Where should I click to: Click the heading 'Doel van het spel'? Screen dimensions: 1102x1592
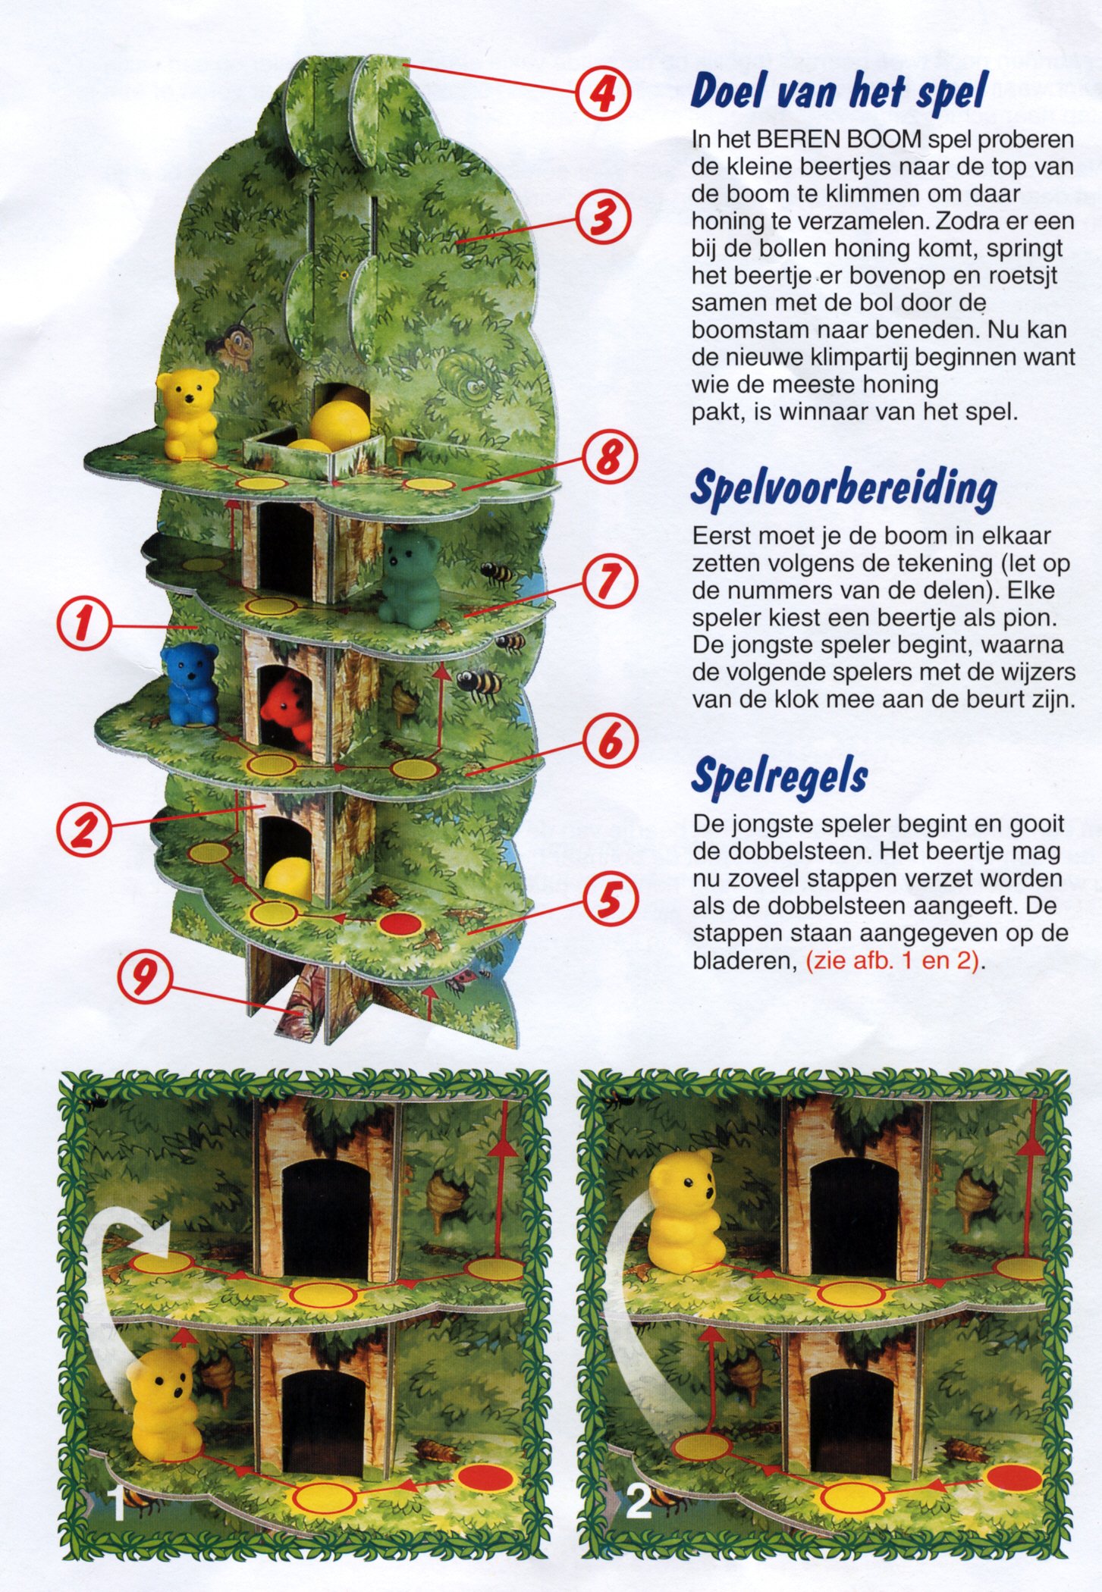pos(838,92)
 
